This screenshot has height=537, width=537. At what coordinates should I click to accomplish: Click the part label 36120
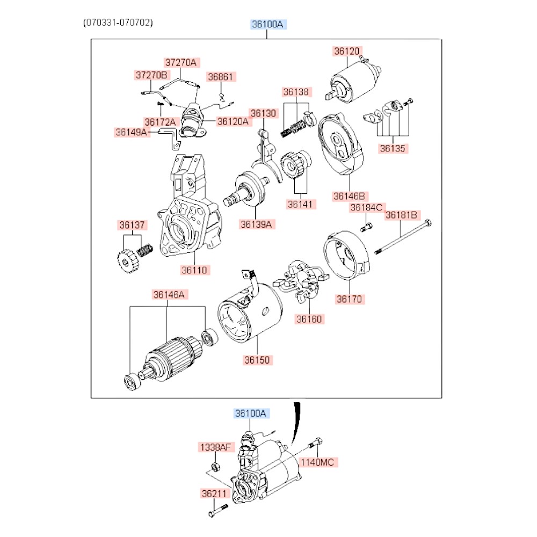pyautogui.click(x=346, y=52)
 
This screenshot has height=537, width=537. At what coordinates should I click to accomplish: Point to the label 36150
pyautogui.click(x=257, y=360)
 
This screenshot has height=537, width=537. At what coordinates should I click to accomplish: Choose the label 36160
pyautogui.click(x=309, y=319)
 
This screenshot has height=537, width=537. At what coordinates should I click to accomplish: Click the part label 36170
pyautogui.click(x=349, y=299)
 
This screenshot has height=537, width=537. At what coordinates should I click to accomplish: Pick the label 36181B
pyautogui.click(x=401, y=216)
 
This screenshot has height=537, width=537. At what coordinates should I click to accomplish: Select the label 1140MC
pyautogui.click(x=319, y=462)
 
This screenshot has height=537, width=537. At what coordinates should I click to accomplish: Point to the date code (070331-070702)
pyautogui.click(x=118, y=23)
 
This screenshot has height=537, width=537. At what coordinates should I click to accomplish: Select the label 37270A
pyautogui.click(x=181, y=62)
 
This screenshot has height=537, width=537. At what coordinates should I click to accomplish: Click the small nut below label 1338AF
pyautogui.click(x=214, y=466)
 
